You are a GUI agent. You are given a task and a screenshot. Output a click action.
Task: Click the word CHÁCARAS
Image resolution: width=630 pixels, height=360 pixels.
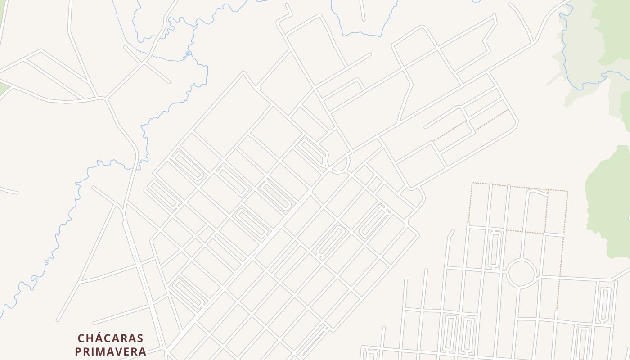(x=110, y=338)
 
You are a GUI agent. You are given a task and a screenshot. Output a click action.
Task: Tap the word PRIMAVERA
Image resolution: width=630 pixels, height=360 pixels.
(x=110, y=351)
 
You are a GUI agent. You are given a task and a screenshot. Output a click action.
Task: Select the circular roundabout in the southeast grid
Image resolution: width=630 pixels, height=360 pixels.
(x=522, y=273)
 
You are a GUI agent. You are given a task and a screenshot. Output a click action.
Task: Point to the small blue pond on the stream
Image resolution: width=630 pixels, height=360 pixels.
(x=188, y=54)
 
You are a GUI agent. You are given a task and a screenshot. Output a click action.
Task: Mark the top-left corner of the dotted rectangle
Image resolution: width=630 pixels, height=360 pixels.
(x=472, y=183)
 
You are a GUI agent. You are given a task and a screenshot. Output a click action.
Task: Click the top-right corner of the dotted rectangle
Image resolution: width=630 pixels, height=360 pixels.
(x=567, y=192)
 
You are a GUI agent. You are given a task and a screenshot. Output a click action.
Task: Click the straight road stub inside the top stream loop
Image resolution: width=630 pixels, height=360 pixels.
(x=362, y=11)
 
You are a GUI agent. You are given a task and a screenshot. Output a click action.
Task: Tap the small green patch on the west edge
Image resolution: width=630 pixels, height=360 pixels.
(x=4, y=88)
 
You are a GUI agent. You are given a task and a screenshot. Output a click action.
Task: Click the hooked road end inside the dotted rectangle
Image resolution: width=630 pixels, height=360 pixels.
(x=538, y=193)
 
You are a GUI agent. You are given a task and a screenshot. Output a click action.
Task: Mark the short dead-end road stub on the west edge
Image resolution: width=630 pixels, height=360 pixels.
(x=9, y=191)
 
